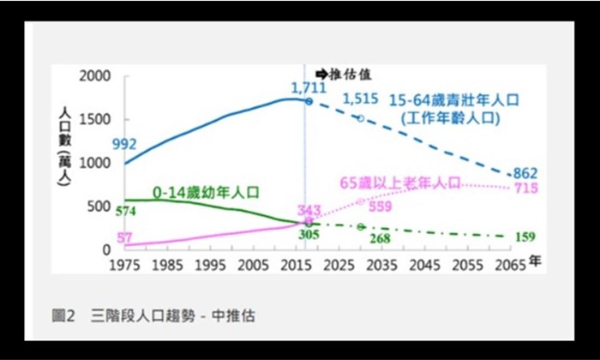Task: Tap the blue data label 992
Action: (124, 143)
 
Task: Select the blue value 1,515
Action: (359, 99)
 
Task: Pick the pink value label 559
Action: (381, 206)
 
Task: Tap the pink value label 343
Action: (309, 210)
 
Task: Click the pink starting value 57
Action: (124, 237)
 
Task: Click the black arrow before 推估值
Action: (321, 75)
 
